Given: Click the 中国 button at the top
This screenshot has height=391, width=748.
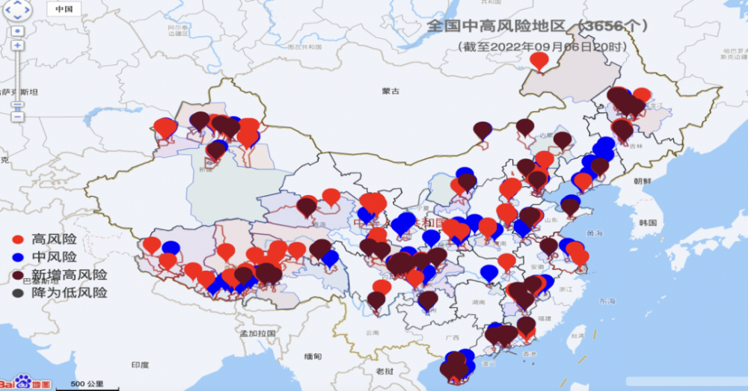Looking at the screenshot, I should click(64, 10).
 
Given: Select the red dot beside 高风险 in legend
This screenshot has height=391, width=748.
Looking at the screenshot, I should click(19, 240).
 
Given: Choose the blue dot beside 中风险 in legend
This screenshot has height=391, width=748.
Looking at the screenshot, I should click(19, 258).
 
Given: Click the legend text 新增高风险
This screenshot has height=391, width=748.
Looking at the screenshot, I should click(70, 275).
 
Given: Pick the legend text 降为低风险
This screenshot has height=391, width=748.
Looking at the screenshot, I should click(70, 293).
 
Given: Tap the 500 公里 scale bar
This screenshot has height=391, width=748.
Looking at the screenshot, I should click(87, 384).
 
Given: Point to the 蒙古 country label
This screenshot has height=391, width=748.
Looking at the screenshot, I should click(391, 91).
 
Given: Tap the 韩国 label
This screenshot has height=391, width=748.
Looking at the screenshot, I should click(648, 223).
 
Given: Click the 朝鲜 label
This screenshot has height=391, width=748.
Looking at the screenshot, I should click(643, 181).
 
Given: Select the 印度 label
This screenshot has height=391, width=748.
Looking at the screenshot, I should click(141, 365).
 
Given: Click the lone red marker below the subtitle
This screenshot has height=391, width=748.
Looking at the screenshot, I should click(539, 60).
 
